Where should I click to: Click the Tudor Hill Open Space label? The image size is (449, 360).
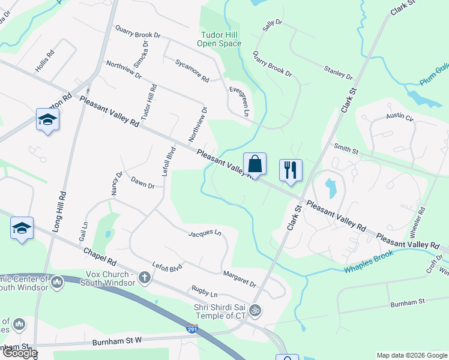[x=220, y=39]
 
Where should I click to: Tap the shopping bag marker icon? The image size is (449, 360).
[x=255, y=164]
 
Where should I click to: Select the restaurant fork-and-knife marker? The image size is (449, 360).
[x=291, y=170]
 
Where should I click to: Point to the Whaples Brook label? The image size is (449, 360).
[x=369, y=262]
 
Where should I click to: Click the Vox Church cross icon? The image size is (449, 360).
[x=144, y=277]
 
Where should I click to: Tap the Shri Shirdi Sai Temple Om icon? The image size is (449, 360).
[x=255, y=310]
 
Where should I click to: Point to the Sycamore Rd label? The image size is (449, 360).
[x=192, y=71]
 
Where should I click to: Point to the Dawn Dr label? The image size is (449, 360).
[x=143, y=183]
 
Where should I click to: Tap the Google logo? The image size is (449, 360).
[x=19, y=353]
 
